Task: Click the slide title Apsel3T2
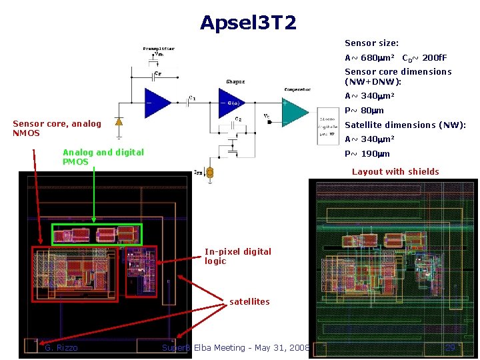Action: (248, 24)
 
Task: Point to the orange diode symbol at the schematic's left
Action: (119, 122)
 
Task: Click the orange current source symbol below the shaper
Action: (209, 173)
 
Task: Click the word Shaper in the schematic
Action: (235, 82)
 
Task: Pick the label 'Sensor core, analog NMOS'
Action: (57, 128)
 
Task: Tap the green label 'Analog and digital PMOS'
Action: (103, 157)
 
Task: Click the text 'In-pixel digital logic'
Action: (237, 256)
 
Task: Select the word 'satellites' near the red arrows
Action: (249, 301)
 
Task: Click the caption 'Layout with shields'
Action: (395, 171)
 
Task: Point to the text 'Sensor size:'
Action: (371, 43)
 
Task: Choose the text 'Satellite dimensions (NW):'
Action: (405, 125)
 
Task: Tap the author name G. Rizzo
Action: (61, 347)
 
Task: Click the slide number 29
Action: (450, 347)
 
